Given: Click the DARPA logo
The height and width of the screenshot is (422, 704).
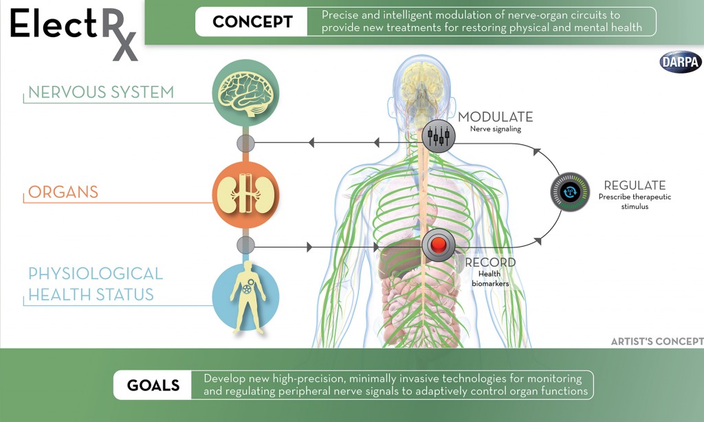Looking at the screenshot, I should (681, 62).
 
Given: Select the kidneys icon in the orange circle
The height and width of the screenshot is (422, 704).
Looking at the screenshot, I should (245, 195).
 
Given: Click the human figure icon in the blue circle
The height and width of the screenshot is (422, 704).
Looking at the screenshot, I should (245, 298).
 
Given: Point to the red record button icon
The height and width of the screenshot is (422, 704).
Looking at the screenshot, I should (438, 245).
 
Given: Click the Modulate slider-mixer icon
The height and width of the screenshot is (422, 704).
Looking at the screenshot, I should (438, 135).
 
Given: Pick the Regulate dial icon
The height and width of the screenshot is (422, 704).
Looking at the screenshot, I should (570, 191).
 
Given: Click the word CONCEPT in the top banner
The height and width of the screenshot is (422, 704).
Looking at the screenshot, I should (252, 22).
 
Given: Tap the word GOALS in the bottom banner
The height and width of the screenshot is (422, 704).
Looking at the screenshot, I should (153, 385).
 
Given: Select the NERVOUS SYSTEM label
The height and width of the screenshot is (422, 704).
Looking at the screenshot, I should (101, 92).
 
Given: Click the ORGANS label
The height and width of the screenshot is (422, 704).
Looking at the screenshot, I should (63, 192).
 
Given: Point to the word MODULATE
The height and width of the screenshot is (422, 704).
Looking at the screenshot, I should (495, 117).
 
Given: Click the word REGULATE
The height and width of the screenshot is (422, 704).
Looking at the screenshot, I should (635, 185).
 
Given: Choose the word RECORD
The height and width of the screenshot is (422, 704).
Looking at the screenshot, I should (490, 263).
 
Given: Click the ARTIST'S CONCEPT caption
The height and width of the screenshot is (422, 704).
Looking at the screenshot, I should (657, 342).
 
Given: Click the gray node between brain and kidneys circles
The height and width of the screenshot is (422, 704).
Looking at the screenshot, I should (245, 143).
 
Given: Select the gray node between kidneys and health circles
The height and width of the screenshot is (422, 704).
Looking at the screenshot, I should (245, 245).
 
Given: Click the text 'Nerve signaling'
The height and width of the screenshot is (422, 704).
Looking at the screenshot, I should (496, 129).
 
